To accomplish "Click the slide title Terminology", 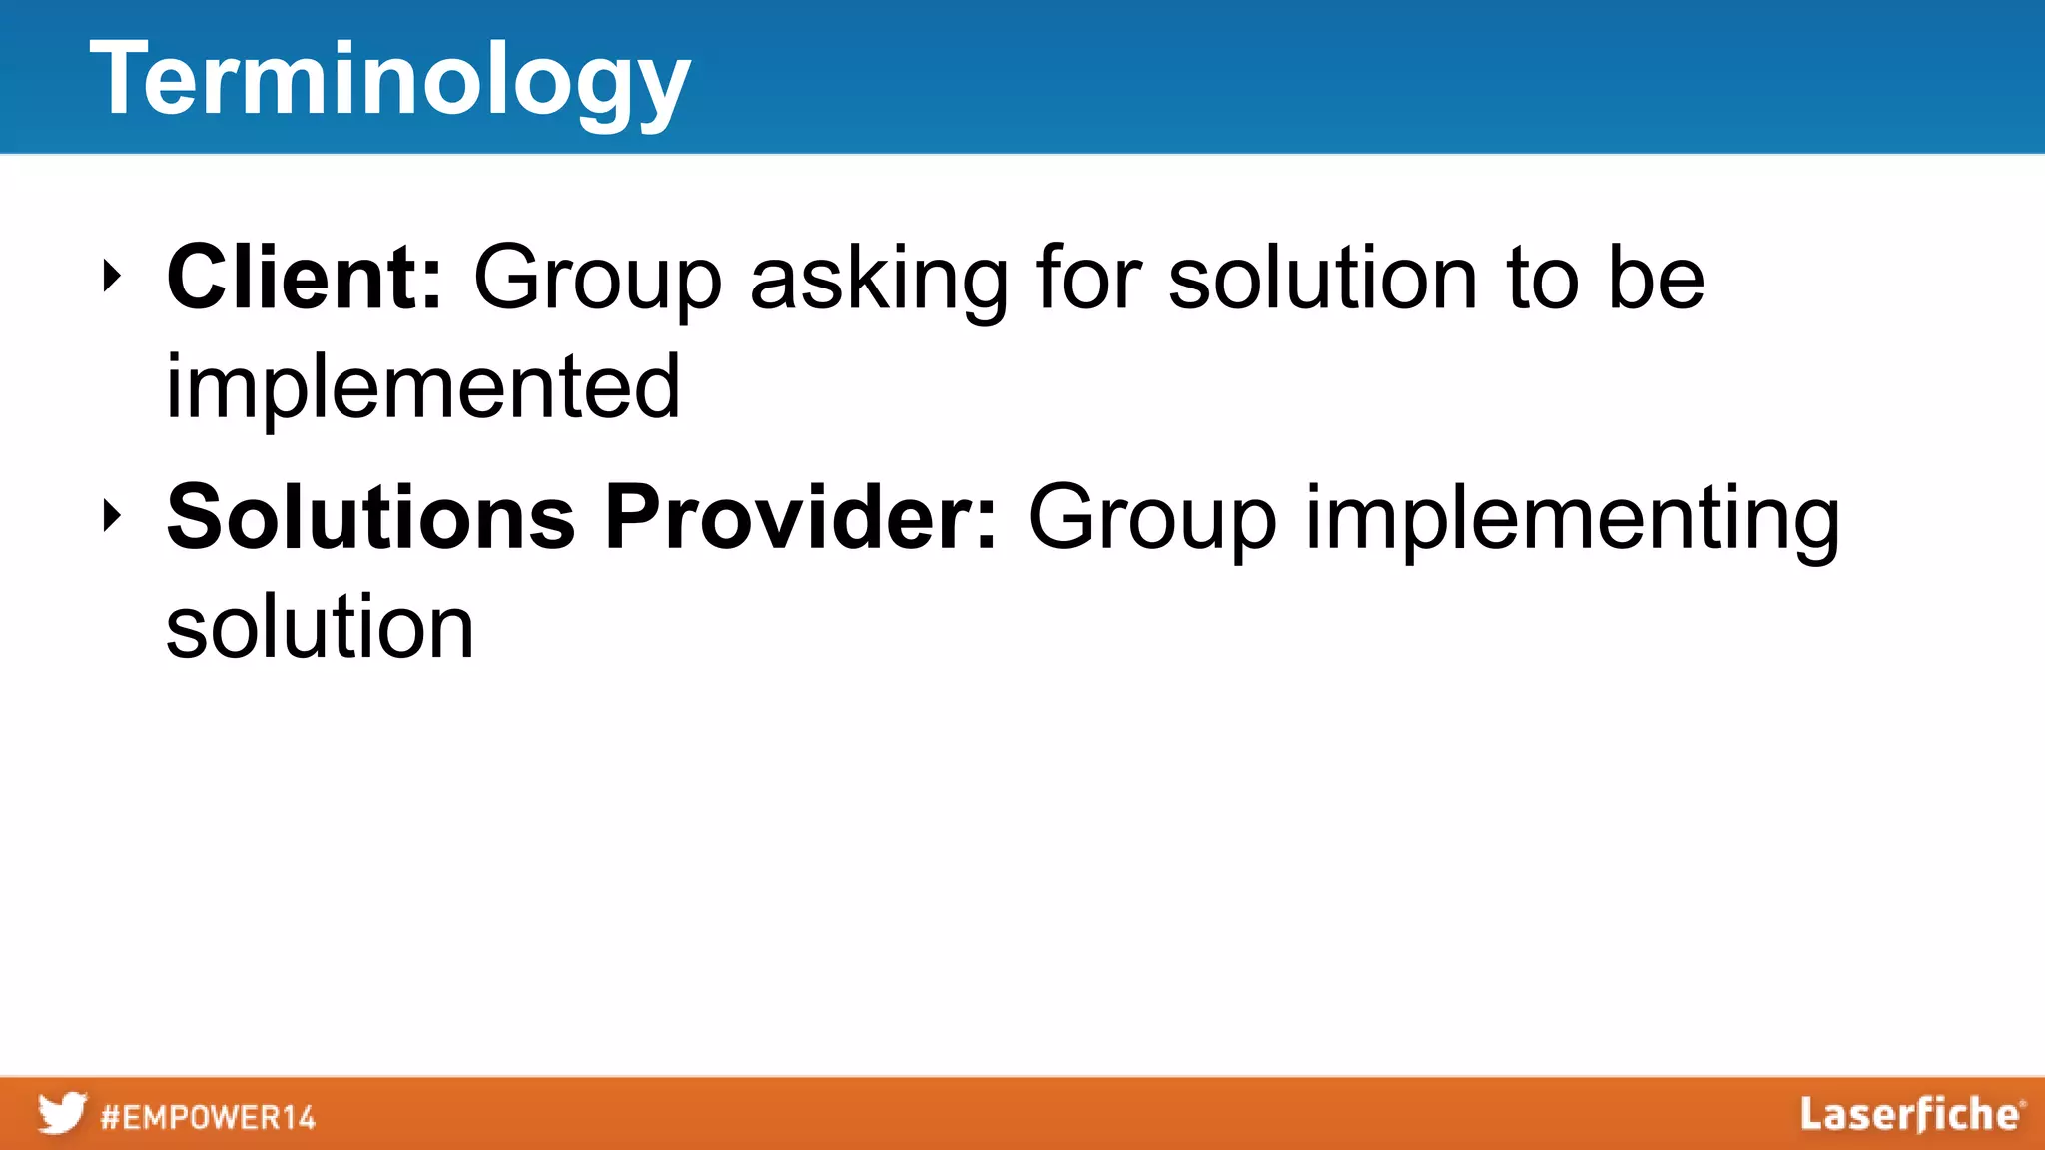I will point(389,80).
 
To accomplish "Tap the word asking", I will point(879,282).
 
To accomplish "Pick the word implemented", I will point(422,387).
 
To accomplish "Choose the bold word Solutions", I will point(371,517).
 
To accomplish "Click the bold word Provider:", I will point(801,517).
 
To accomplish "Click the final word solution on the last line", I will point(320,627).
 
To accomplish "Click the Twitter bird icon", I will point(62,1113).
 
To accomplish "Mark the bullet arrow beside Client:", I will point(112,277).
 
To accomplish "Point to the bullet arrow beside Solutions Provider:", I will point(112,516).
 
